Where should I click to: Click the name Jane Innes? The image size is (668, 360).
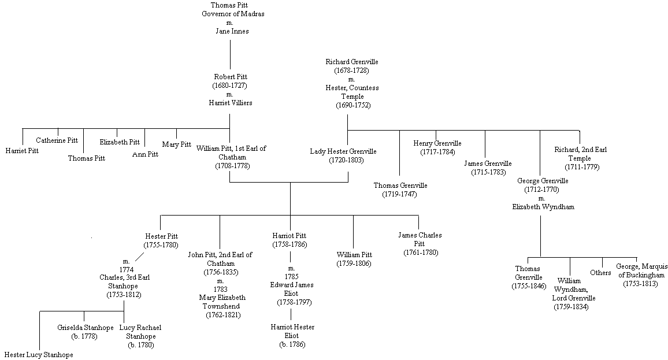click(x=229, y=31)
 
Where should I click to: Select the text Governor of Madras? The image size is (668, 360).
click(x=229, y=14)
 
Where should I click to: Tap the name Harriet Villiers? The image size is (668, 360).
click(x=230, y=102)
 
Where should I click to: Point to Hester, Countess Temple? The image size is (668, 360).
click(x=352, y=87)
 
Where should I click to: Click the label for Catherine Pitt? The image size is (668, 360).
click(x=57, y=140)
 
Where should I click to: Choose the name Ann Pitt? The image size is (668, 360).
click(x=145, y=154)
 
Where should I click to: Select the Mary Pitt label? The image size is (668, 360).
click(x=176, y=144)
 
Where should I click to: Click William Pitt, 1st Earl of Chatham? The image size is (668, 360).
click(x=231, y=153)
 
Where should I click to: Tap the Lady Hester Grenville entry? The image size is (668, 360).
click(x=343, y=151)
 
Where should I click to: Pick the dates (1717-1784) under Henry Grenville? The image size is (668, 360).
click(x=437, y=152)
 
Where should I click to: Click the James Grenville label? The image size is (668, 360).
click(x=488, y=164)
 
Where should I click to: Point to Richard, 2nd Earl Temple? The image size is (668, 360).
click(x=580, y=154)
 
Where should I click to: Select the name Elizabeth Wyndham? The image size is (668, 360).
click(x=543, y=206)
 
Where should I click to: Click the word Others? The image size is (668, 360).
click(x=600, y=273)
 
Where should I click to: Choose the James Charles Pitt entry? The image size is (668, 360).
click(x=420, y=239)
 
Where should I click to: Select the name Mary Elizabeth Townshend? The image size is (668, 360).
click(x=222, y=302)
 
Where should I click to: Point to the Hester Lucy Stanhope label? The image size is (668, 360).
click(x=39, y=355)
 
